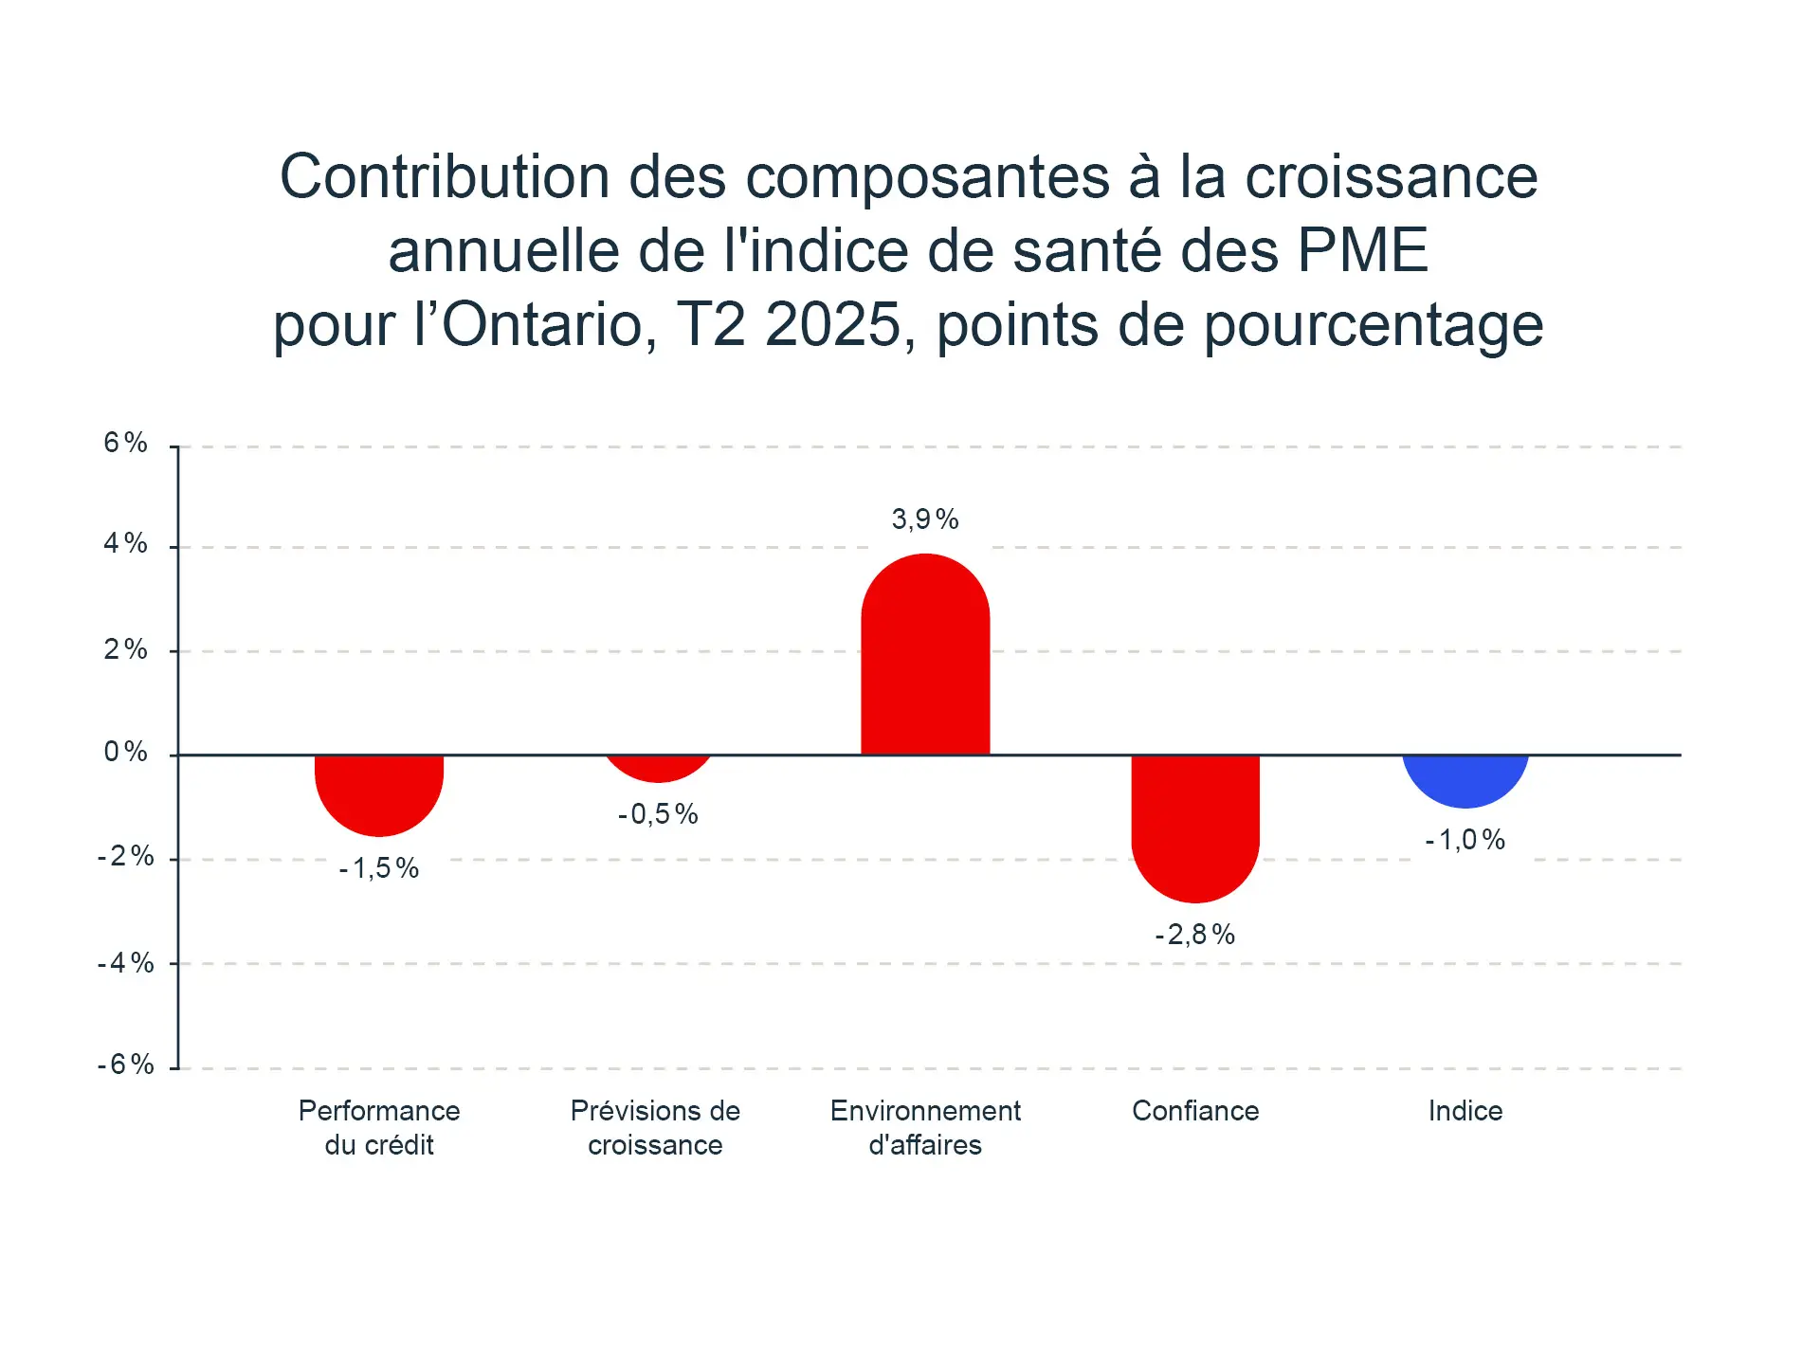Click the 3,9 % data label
click(x=925, y=519)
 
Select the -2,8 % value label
click(x=1194, y=936)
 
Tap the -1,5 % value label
click(x=379, y=868)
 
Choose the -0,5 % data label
click(x=658, y=814)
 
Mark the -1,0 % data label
click(x=1465, y=840)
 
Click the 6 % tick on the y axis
click(x=126, y=443)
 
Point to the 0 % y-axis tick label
click(x=126, y=753)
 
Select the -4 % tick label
click(x=126, y=964)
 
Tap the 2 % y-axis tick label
click(x=126, y=650)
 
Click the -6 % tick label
click(x=126, y=1065)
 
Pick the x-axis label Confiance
click(x=1195, y=1111)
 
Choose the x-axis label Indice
click(x=1465, y=1111)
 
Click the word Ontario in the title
click(x=551, y=325)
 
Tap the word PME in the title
click(x=1362, y=251)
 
